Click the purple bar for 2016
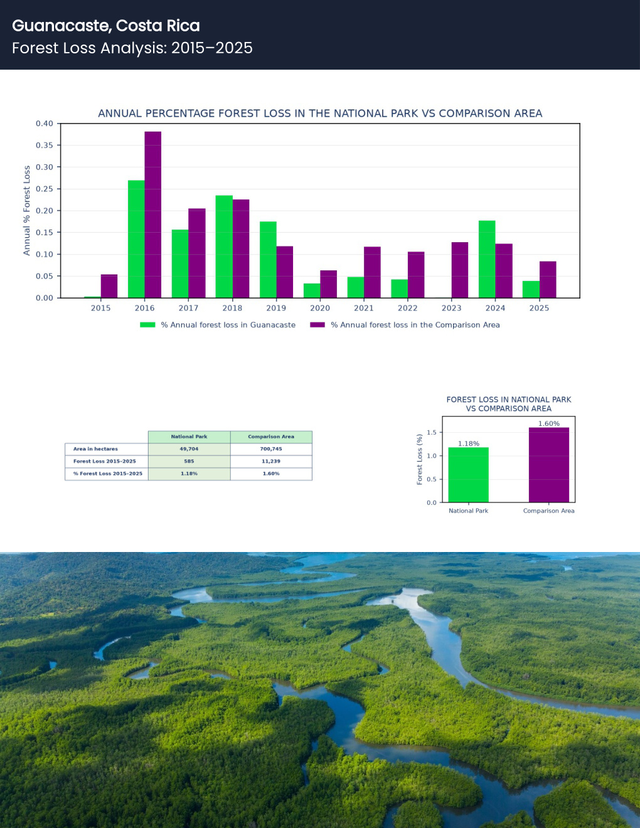153,215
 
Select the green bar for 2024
487,259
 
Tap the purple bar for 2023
460,270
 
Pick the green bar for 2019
268,260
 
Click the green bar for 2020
312,290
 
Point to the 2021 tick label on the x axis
364,308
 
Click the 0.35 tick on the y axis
44,145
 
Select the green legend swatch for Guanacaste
147,325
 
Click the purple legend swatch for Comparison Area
317,325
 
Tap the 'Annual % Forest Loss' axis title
26,210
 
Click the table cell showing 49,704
189,449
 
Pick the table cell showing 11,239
271,461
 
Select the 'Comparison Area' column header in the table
271,437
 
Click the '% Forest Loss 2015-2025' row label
108,474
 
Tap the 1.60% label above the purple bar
549,423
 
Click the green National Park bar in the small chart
469,475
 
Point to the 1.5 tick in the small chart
432,432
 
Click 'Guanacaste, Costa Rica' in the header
106,26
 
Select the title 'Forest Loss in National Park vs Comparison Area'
508,404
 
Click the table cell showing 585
189,461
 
